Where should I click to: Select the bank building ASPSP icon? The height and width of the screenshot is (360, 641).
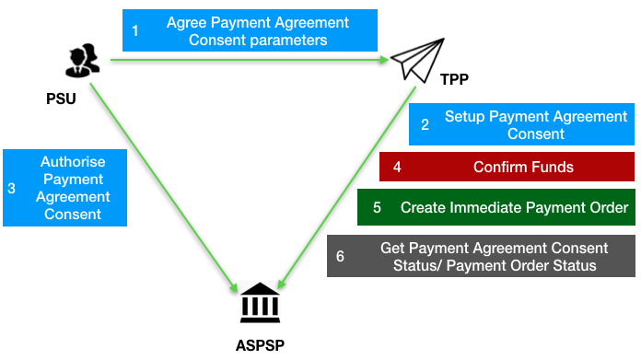260,303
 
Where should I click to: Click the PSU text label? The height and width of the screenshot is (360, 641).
61,98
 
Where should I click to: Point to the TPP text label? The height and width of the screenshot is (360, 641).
453,79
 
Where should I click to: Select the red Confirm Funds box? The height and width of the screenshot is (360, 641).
507,167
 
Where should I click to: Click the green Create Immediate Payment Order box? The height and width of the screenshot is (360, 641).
496,207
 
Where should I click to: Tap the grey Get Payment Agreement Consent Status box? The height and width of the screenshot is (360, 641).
481,257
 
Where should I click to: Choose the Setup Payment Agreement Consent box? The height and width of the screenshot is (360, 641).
522,125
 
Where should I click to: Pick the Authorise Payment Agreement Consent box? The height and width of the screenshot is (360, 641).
64,188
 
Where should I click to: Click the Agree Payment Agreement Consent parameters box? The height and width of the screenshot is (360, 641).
249,30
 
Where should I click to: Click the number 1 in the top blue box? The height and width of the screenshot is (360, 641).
135,30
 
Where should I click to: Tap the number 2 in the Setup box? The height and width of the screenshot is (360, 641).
425,126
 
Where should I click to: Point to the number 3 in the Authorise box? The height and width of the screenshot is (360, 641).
11,188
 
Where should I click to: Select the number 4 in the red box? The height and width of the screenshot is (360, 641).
396,168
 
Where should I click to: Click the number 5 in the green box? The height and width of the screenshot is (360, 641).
377,208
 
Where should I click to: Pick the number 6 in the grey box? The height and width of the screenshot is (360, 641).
340,257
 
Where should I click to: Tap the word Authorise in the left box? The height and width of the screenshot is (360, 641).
73,162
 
